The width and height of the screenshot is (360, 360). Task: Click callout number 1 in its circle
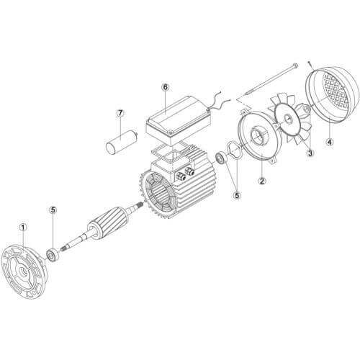pos(23,227)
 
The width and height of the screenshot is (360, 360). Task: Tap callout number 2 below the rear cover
pos(262,181)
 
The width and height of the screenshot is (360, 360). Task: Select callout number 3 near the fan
pos(310,153)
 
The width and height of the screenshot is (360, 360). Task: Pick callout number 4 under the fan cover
pos(330,142)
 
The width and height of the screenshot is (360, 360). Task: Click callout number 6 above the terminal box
pos(166,87)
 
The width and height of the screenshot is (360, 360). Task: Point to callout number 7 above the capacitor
pos(120,113)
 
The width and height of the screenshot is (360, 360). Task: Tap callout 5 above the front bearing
pos(53,210)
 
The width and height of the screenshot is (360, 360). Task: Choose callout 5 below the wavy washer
pos(237,195)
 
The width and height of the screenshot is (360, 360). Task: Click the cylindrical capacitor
pos(122,141)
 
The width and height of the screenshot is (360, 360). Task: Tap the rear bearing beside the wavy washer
pos(221,158)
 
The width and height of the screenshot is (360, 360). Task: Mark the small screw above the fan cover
pos(310,64)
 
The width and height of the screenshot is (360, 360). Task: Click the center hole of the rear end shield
pos(258,136)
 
